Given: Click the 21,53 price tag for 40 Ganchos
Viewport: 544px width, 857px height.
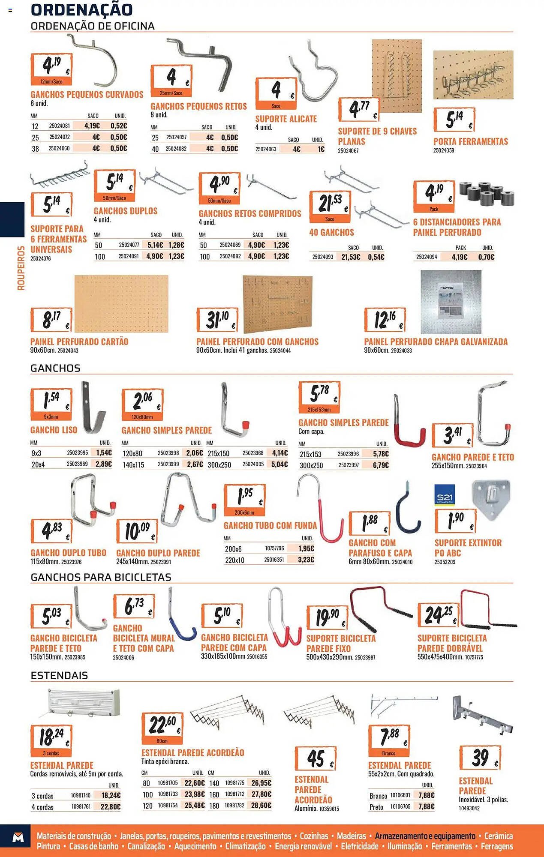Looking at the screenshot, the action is pos(330,206).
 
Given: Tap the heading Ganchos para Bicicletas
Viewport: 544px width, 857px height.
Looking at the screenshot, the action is pos(101,577).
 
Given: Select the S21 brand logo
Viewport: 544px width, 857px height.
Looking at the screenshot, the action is pos(445,495).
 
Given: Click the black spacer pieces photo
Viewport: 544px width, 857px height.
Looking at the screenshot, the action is pos(487,194).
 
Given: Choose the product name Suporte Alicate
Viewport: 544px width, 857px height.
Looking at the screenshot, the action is pos(286,119).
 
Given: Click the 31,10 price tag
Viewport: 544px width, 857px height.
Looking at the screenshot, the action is pos(217,319).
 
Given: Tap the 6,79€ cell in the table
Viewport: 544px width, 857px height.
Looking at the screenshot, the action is pos(381,465).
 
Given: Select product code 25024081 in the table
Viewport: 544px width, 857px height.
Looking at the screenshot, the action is pos(59,126).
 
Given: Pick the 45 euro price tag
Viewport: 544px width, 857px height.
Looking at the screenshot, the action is pos(316,758).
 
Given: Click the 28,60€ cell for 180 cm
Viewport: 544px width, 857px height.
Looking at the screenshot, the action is pos(261,806).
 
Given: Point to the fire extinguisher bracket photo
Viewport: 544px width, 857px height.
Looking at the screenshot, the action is pos(491,500).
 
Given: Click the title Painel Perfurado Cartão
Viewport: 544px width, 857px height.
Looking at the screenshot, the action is pos(79,342).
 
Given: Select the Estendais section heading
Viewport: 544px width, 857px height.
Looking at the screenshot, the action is pos(59,675).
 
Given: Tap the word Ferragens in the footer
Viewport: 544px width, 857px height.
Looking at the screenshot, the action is pos(497,846).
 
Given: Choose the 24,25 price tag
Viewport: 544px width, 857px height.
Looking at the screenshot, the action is pos(438,615).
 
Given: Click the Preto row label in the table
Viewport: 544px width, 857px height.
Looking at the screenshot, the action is pos(376,807).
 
